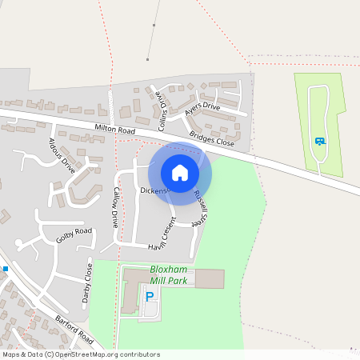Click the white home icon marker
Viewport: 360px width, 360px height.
pyautogui.click(x=180, y=173)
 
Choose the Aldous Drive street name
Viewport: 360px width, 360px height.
pyautogui.click(x=61, y=155)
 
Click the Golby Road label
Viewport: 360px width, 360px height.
pyautogui.click(x=74, y=235)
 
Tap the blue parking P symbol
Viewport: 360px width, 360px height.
pyautogui.click(x=150, y=298)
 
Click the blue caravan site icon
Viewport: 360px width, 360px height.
pyautogui.click(x=320, y=142)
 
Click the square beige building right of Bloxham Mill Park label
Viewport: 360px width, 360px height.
pyautogui.click(x=210, y=278)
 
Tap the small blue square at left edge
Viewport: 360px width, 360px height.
pyautogui.click(x=4, y=269)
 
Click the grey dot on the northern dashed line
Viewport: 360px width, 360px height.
pyautogui.click(x=147, y=59)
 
